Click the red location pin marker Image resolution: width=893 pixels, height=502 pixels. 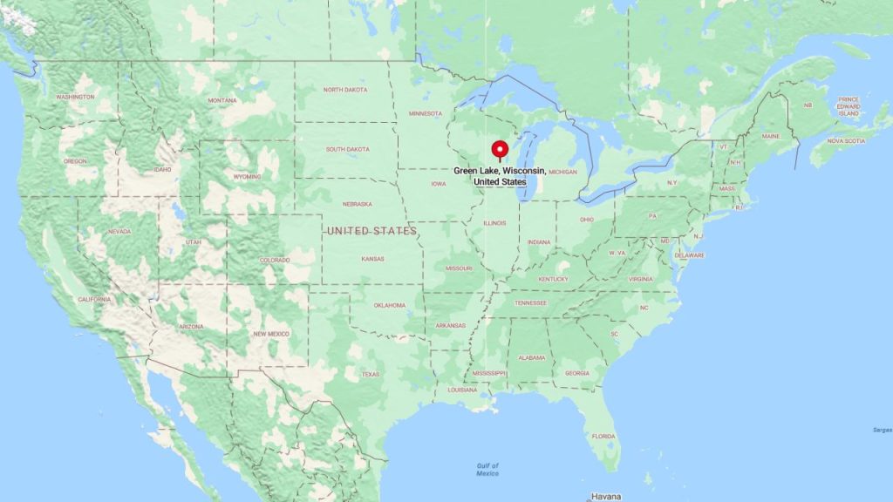pyautogui.click(x=500, y=150)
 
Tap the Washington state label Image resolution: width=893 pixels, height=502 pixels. pyautogui.click(x=75, y=97)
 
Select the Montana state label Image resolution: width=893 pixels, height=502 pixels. pyautogui.click(x=222, y=100)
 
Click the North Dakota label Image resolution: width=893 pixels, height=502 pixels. pyautogui.click(x=345, y=90)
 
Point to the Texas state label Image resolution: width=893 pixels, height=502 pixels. pyautogui.click(x=371, y=374)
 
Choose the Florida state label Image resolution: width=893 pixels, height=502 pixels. pyautogui.click(x=603, y=436)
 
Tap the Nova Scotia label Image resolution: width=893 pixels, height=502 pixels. pyautogui.click(x=846, y=140)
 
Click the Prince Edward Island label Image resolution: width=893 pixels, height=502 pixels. pyautogui.click(x=849, y=106)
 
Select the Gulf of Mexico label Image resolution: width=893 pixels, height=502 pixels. pyautogui.click(x=487, y=469)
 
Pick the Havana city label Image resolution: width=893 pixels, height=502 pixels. pyautogui.click(x=606, y=496)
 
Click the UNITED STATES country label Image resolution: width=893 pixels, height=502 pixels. pyautogui.click(x=372, y=231)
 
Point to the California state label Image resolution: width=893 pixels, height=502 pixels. pyautogui.click(x=94, y=299)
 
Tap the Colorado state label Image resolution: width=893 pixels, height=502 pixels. pyautogui.click(x=275, y=260)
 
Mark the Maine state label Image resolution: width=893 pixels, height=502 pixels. pyautogui.click(x=770, y=136)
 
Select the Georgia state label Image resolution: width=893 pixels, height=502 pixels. pyautogui.click(x=576, y=373)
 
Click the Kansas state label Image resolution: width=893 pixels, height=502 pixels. pyautogui.click(x=373, y=259)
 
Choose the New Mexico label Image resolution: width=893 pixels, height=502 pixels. pyautogui.click(x=271, y=334)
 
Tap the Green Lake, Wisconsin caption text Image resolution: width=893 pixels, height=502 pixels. pyautogui.click(x=500, y=176)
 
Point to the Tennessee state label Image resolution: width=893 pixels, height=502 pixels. pyautogui.click(x=530, y=302)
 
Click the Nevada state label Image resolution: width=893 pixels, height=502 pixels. pyautogui.click(x=119, y=231)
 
